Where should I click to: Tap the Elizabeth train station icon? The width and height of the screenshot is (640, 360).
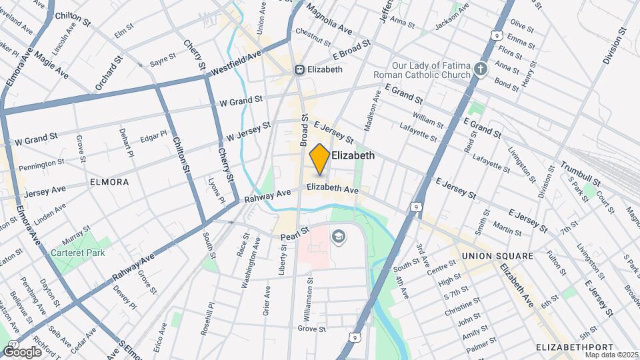[300, 69]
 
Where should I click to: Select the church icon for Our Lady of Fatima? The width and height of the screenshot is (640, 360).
[480, 70]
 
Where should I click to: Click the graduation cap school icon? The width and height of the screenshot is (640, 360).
[339, 236]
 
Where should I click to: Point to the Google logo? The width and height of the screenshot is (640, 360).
[21, 351]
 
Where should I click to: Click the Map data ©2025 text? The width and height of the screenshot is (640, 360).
[609, 354]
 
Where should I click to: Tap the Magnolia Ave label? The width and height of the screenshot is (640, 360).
[329, 21]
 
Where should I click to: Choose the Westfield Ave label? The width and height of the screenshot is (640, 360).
[236, 64]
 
